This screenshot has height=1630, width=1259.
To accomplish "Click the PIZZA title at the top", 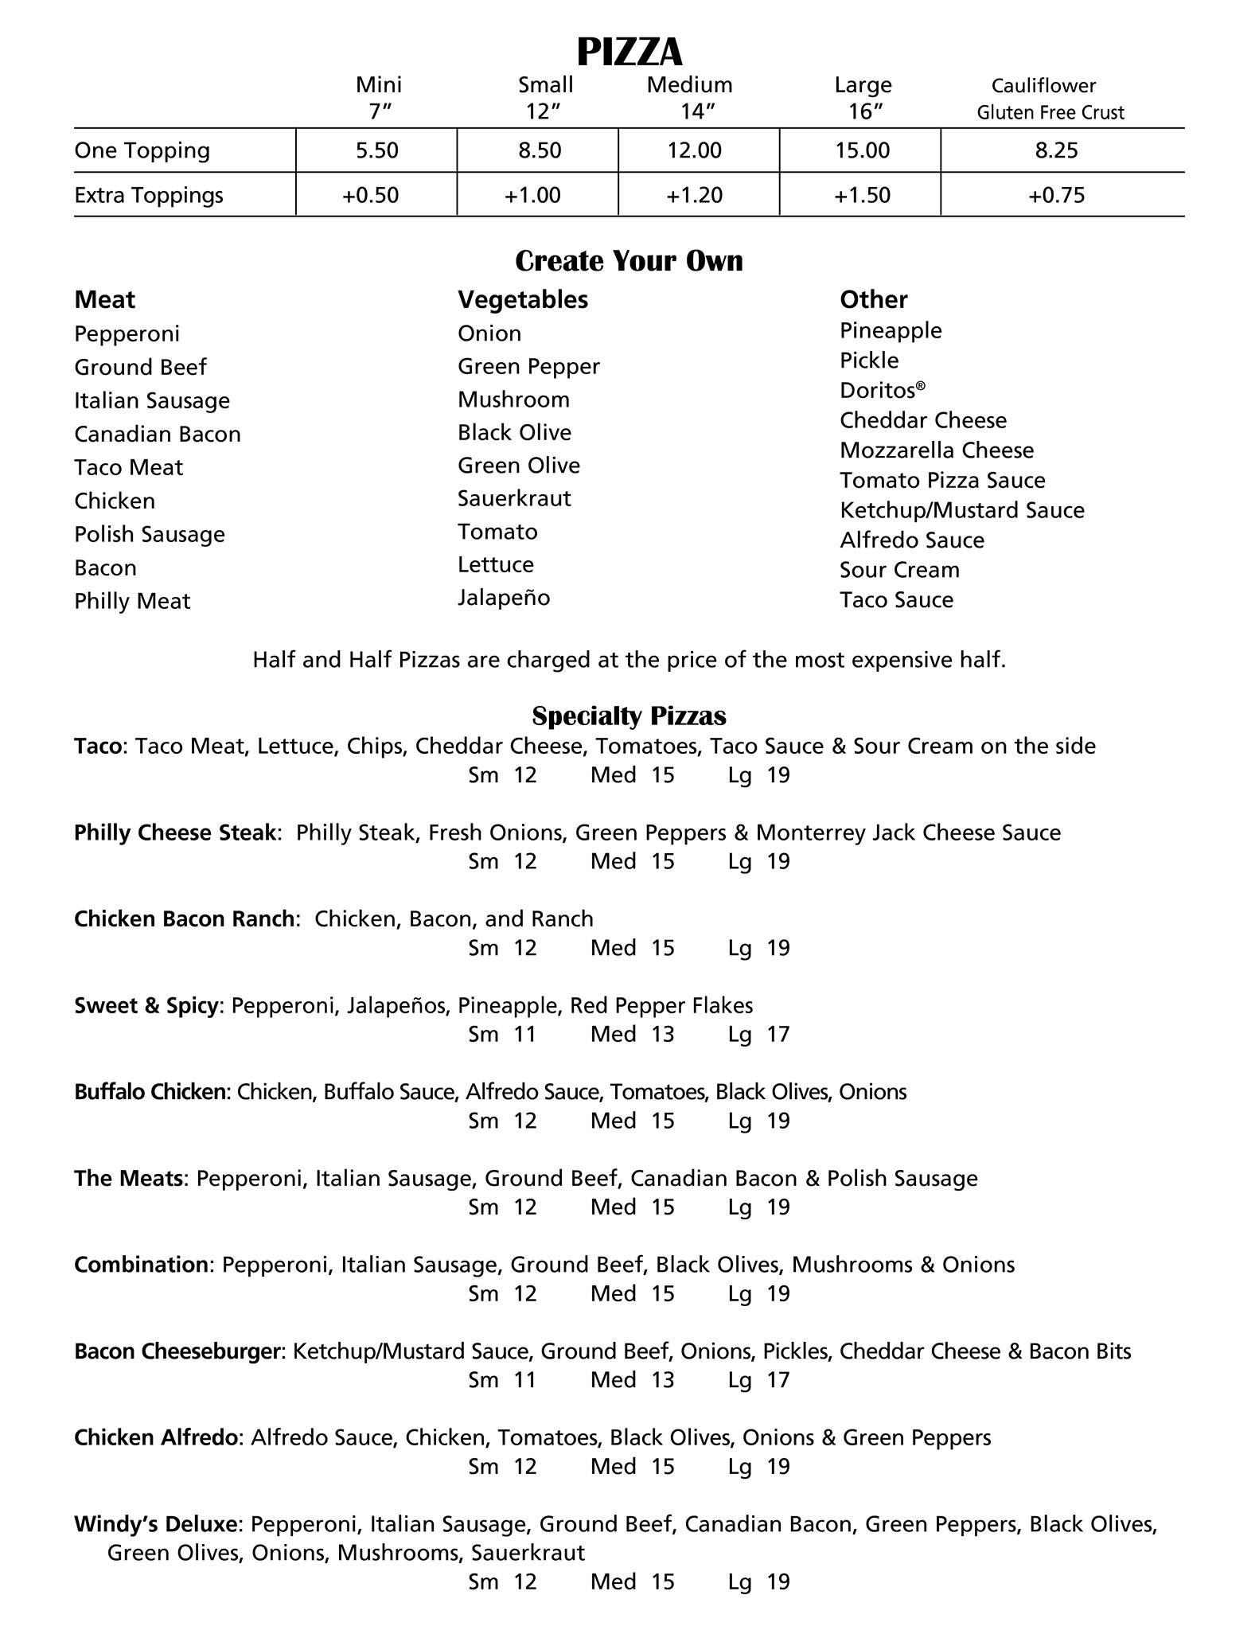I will coord(629,52).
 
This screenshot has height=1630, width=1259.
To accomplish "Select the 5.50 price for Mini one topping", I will coord(376,150).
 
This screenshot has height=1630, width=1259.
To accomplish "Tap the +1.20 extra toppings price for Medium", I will coord(694,195).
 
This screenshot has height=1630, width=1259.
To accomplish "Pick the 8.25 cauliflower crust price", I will coord(1056,150).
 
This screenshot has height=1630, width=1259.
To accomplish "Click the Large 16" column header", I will coord(863,97).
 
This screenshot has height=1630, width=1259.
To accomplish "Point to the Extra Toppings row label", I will coord(149,195).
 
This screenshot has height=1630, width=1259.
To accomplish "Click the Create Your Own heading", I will coord(629,261).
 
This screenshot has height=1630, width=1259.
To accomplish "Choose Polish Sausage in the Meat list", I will coord(150,534).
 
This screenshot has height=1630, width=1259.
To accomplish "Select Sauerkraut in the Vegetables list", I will coord(514,498).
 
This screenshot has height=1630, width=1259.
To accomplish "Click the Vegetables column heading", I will coord(522,299).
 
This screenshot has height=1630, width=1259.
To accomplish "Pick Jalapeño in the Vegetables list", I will coord(504,598).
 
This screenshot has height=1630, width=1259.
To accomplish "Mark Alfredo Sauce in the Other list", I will coord(912,540).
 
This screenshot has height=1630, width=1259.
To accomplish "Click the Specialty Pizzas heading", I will coord(629,716).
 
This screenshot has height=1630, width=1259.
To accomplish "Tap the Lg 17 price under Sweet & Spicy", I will coord(758,1034).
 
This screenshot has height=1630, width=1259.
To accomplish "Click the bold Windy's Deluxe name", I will coord(156,1524).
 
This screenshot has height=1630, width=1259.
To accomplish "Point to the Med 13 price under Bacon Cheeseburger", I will coord(632,1379).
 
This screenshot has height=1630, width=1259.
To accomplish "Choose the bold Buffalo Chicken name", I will coord(150,1091).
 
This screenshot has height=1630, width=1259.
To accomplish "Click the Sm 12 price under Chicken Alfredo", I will coord(502,1466).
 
